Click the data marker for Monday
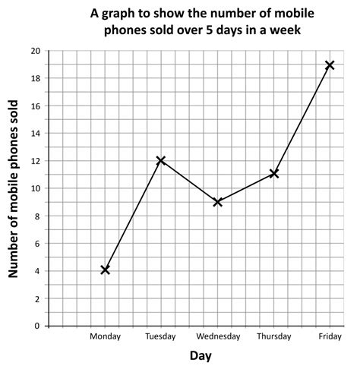pyautogui.click(x=105, y=270)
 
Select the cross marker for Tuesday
pyautogui.click(x=161, y=160)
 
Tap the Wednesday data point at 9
pyautogui.click(x=218, y=202)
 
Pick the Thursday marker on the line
pyautogui.click(x=273, y=174)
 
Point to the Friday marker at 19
pyautogui.click(x=330, y=65)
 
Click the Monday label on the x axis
pyautogui.click(x=105, y=336)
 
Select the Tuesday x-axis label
pyautogui.click(x=160, y=336)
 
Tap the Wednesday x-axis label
pyautogui.click(x=218, y=336)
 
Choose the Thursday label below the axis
pyautogui.click(x=273, y=336)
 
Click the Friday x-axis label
pyautogui.click(x=330, y=336)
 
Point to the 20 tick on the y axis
pyautogui.click(x=36, y=51)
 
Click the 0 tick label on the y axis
pyautogui.click(x=38, y=326)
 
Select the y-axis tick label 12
pyautogui.click(x=36, y=161)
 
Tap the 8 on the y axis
pyautogui.click(x=38, y=216)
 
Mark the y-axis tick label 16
pyautogui.click(x=36, y=106)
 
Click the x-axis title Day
pyautogui.click(x=201, y=356)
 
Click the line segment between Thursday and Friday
pyautogui.click(x=302, y=120)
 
